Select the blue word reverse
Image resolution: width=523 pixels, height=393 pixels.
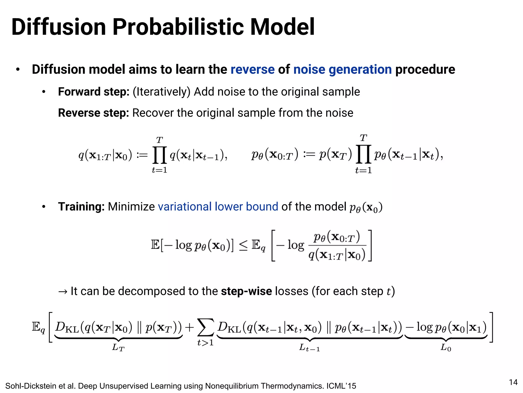pos(252,70)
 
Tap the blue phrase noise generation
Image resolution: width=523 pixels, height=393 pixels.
pos(342,70)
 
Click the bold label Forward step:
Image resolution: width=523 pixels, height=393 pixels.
pos(94,92)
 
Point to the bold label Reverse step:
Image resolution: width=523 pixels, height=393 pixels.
pos(93,113)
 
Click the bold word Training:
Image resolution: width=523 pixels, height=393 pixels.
pos(81,207)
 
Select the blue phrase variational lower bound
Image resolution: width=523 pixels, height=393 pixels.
pos(218,207)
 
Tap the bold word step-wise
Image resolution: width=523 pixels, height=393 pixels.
pos(246,291)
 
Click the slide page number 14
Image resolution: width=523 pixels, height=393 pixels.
pos(513,382)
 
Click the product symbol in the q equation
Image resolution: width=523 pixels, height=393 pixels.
pos(160,155)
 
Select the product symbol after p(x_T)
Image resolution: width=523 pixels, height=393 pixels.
pos(363,155)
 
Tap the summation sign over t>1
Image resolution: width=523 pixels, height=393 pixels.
pos(205,327)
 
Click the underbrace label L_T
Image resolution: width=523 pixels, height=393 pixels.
pos(118,348)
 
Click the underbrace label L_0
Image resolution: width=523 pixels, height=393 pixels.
pos(446,348)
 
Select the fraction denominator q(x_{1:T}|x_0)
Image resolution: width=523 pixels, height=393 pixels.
pos(337,255)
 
